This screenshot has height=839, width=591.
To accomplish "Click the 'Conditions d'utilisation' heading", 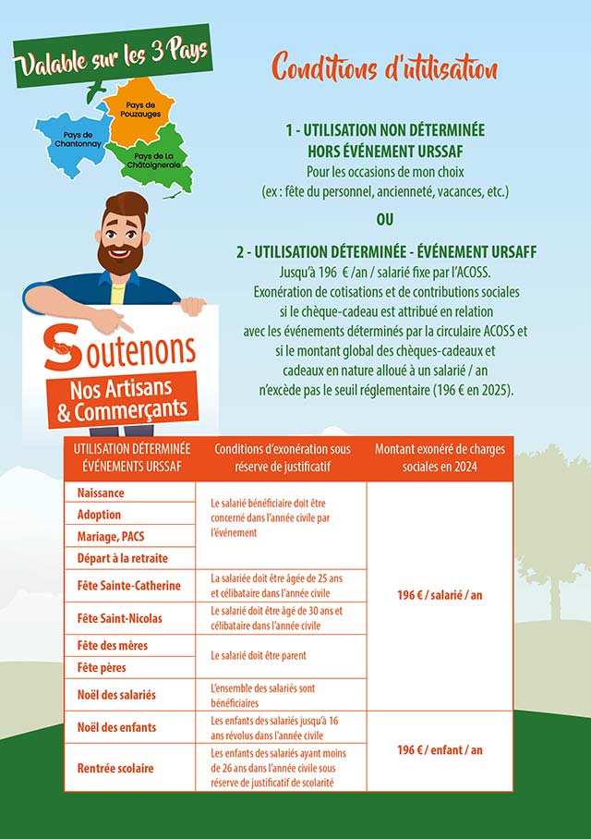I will pyautogui.click(x=384, y=67).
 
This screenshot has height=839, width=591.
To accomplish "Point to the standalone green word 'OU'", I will pyautogui.click(x=384, y=220).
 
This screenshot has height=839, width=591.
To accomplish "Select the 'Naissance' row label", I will pyautogui.click(x=102, y=493).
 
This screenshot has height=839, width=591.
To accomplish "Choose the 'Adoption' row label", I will pyautogui.click(x=100, y=515).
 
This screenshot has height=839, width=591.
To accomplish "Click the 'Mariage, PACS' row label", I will pyautogui.click(x=111, y=536).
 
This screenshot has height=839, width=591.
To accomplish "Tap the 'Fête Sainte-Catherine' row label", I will pyautogui.click(x=129, y=586).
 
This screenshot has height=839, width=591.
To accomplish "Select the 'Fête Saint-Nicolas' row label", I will pyautogui.click(x=123, y=617).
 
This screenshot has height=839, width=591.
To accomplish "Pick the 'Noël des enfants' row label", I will pyautogui.click(x=117, y=727).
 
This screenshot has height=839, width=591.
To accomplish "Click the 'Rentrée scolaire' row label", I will pyautogui.click(x=116, y=768).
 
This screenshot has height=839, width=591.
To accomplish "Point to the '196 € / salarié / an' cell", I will pyautogui.click(x=440, y=595).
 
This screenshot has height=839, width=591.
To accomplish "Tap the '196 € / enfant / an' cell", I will pyautogui.click(x=440, y=750).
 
